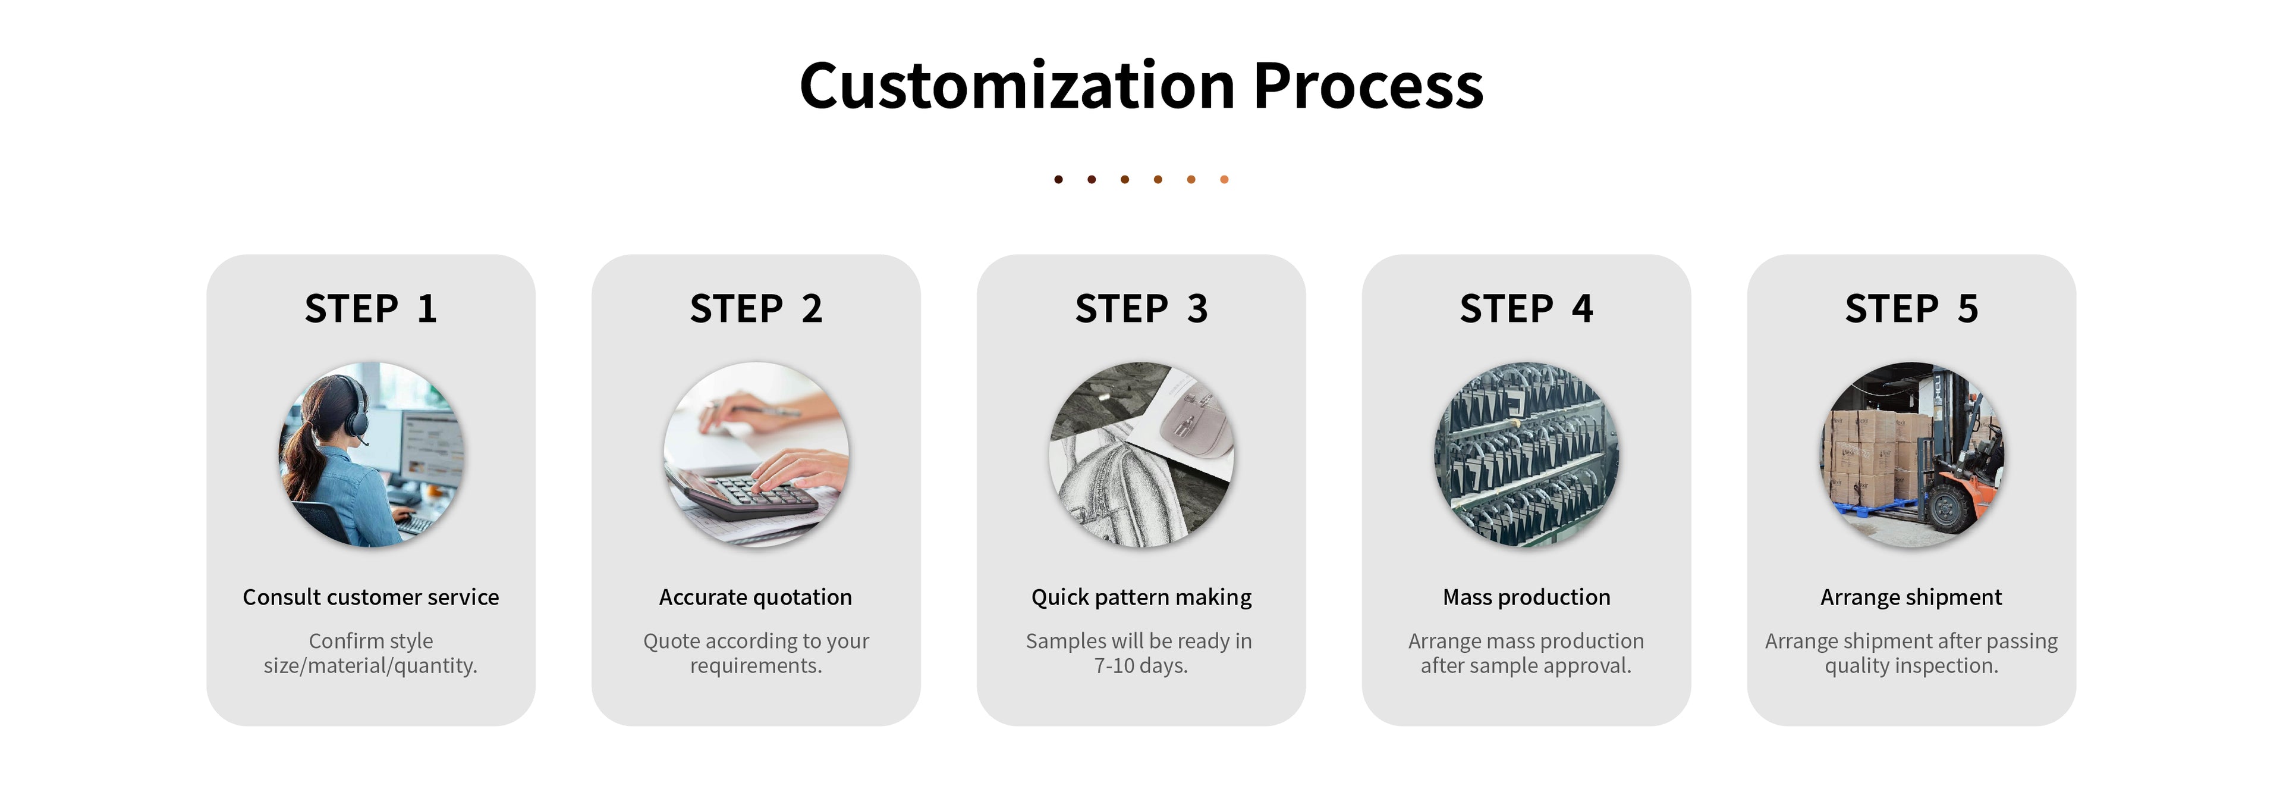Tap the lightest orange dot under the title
pos(1224,179)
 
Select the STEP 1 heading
pos(370,309)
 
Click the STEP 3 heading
pos(1141,309)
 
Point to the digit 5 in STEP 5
pos(1967,309)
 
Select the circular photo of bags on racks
pos(1526,454)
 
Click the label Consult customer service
pos(370,597)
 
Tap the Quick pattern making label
pos(1141,597)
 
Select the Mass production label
pos(1526,597)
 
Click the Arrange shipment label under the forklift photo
pos(1911,597)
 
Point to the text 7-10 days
pos(1141,666)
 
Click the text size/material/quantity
pos(370,666)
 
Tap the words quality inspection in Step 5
pos(1911,666)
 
